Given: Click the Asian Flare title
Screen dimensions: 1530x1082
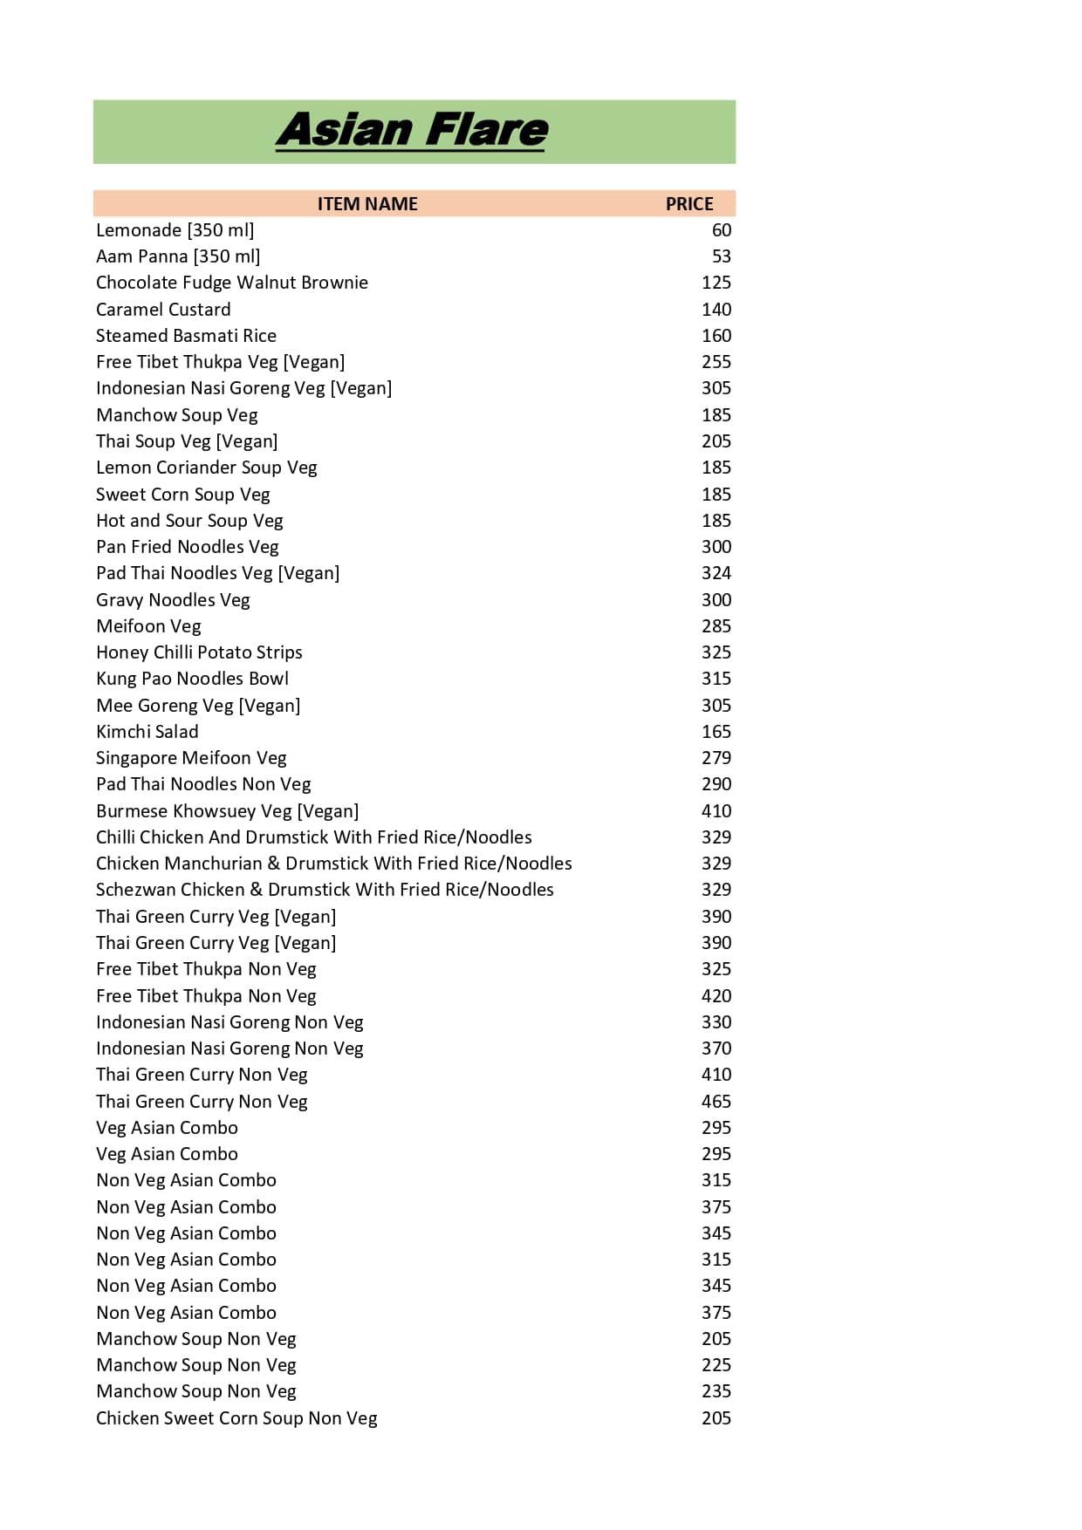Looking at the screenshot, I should coord(412,131).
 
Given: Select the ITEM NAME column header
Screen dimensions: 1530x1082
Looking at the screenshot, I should coord(366,204).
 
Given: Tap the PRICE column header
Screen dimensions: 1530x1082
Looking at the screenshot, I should coord(688,204).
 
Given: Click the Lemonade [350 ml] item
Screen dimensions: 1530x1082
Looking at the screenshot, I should coord(175,230).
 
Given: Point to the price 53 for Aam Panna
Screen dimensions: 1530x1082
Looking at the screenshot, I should coord(721,256).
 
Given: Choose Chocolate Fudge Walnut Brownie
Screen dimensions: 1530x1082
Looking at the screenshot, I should coord(231,283).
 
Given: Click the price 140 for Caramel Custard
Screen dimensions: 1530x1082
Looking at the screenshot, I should coord(716,310).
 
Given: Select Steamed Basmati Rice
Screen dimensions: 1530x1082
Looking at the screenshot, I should coord(186,336).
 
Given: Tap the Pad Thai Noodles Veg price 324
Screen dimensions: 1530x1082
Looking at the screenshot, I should coord(716,573).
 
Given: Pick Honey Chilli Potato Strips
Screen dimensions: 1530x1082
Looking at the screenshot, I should coord(199,652).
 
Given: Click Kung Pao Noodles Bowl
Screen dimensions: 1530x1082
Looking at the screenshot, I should coord(192,679).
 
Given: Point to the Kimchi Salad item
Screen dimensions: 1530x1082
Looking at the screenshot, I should coord(147,732).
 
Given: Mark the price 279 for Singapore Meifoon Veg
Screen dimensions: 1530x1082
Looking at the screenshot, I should coord(716,758).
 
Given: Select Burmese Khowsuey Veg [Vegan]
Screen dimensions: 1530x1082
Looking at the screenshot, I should coord(227,811).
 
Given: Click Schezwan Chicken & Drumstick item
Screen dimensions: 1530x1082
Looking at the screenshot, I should coord(325,890).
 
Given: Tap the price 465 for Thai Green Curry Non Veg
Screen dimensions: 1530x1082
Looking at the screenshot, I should coord(716,1102).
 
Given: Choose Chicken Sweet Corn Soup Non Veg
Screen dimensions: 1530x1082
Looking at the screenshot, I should coord(236,1418).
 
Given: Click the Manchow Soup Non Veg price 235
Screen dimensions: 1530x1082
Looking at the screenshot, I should coord(716,1391).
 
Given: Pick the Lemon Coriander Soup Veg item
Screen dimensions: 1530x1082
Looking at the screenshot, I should coord(206,468).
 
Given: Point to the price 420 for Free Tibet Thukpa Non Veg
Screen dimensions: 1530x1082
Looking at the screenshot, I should coord(716,996).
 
